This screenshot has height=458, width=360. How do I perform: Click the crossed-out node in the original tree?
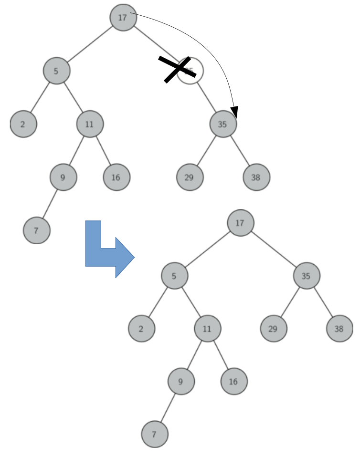point(191,71)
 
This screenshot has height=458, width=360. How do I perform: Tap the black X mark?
point(177,70)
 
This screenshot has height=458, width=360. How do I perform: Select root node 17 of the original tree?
point(123,18)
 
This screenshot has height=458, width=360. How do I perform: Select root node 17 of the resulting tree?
point(241,223)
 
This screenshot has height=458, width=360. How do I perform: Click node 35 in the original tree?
point(222,124)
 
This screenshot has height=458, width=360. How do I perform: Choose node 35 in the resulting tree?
point(307,275)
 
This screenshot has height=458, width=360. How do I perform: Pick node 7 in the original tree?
point(36,230)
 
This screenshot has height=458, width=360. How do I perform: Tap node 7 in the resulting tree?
point(155,435)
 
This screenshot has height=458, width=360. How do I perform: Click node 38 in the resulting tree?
point(339,328)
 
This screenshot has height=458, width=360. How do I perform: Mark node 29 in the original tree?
point(190,177)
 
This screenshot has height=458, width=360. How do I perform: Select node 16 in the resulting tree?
point(234,381)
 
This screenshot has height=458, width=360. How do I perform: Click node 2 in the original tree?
point(23,124)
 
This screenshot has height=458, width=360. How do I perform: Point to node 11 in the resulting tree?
point(207,328)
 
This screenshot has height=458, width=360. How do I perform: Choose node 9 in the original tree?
point(63,177)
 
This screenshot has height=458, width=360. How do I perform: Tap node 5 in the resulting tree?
point(174,275)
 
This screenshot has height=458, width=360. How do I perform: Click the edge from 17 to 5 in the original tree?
point(90,44)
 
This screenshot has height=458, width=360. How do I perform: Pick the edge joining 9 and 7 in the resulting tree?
point(168,408)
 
